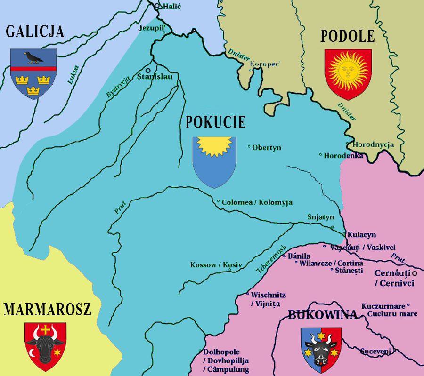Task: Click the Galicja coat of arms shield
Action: pyautogui.click(x=33, y=73)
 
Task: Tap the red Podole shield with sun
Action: pyautogui.click(x=348, y=73)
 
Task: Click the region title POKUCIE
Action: pyautogui.click(x=215, y=122)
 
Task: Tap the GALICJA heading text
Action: pyautogui.click(x=35, y=32)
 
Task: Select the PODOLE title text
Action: pyautogui.click(x=348, y=36)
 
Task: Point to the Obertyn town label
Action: pyautogui.click(x=267, y=148)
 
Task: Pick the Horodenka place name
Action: pyautogui.click(x=343, y=155)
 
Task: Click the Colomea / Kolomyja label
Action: pyautogui.click(x=257, y=202)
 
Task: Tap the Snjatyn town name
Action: pyautogui.click(x=320, y=217)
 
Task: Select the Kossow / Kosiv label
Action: pyautogui.click(x=216, y=265)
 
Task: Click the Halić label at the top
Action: pyautogui.click(x=171, y=7)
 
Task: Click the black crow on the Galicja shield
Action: pyautogui.click(x=33, y=57)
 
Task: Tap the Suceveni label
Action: pyautogui.click(x=375, y=351)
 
